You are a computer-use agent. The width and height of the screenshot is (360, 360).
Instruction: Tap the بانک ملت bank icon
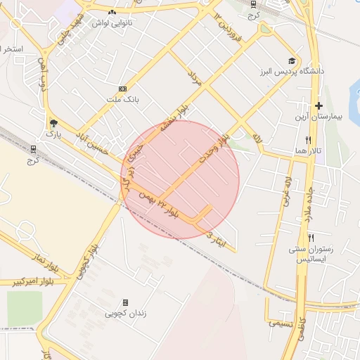pyautogui.click(x=123, y=89)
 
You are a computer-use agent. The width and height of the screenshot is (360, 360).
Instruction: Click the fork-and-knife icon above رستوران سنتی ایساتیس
pyautogui.click(x=310, y=238)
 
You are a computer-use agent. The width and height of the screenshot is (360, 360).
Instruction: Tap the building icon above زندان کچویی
pyautogui.click(x=125, y=302)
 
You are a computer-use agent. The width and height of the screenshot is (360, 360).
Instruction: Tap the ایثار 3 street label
pyautogui.click(x=214, y=237)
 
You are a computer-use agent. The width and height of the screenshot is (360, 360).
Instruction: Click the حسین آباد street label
pyautogui.click(x=94, y=131)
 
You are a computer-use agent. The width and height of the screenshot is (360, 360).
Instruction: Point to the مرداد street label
pyautogui.click(x=195, y=78)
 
